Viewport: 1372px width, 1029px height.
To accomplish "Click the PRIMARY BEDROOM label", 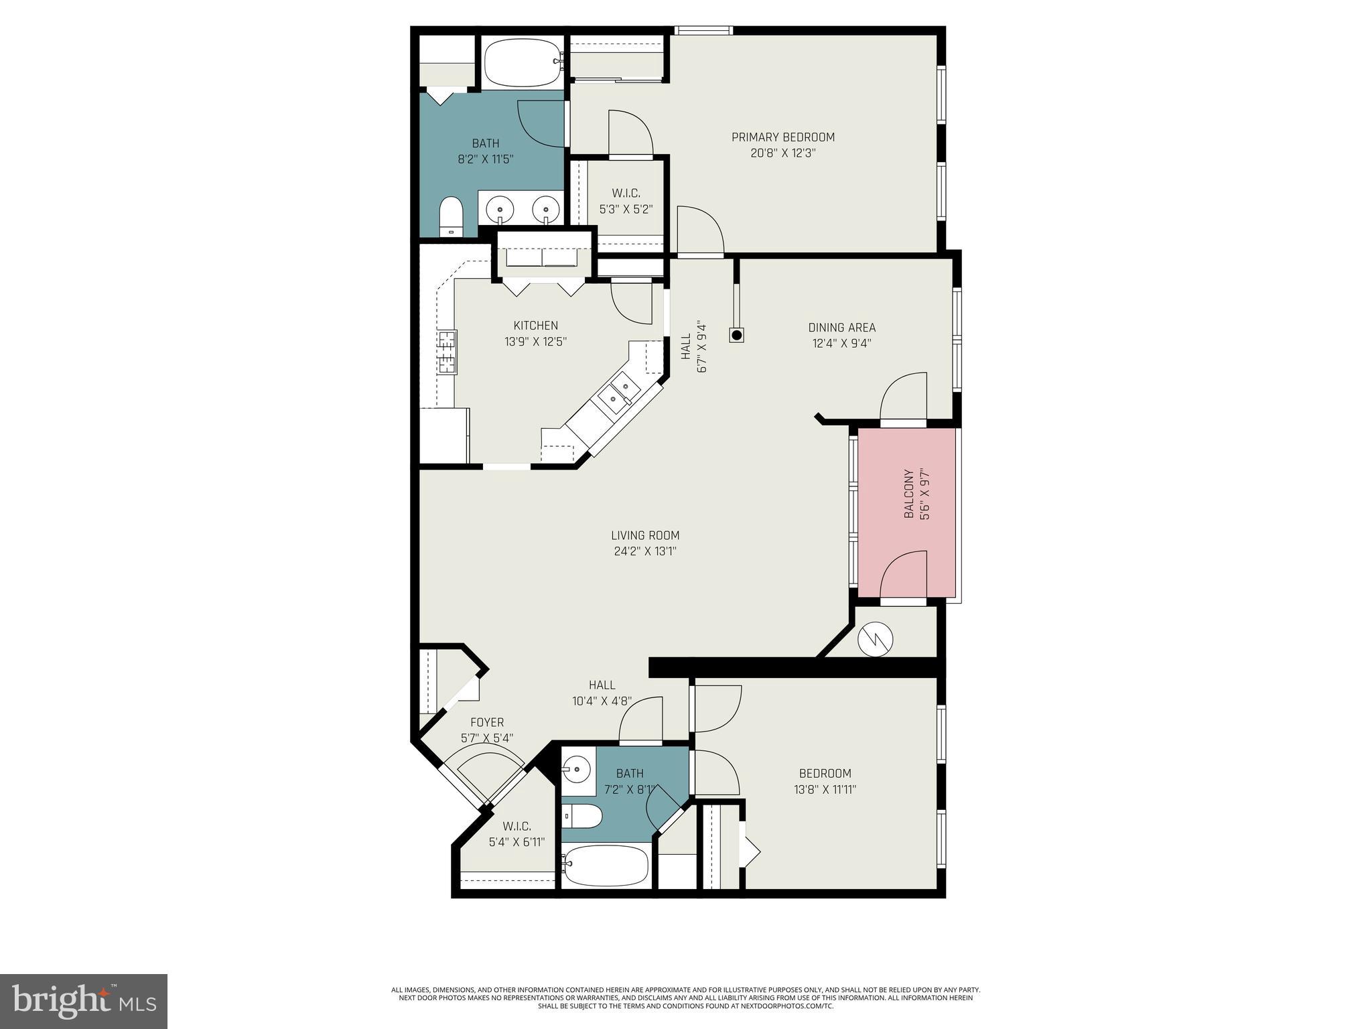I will (782, 137).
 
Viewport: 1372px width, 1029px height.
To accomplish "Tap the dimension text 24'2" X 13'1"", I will (645, 551).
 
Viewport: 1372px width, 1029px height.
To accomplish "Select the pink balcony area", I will (907, 512).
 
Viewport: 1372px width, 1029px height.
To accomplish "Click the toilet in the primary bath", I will (450, 216).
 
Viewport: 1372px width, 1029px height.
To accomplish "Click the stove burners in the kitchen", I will (447, 352).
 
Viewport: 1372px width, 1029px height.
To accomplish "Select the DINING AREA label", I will (841, 328).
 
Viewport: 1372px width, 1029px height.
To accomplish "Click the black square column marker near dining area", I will (736, 335).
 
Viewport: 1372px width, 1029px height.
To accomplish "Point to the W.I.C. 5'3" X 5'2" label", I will (625, 201).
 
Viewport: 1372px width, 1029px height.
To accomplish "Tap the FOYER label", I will (487, 722).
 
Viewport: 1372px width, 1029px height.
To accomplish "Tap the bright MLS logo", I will (84, 1001).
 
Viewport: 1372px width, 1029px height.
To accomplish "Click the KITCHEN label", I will (535, 326).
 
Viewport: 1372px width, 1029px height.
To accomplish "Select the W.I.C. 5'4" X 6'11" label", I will (517, 834).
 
